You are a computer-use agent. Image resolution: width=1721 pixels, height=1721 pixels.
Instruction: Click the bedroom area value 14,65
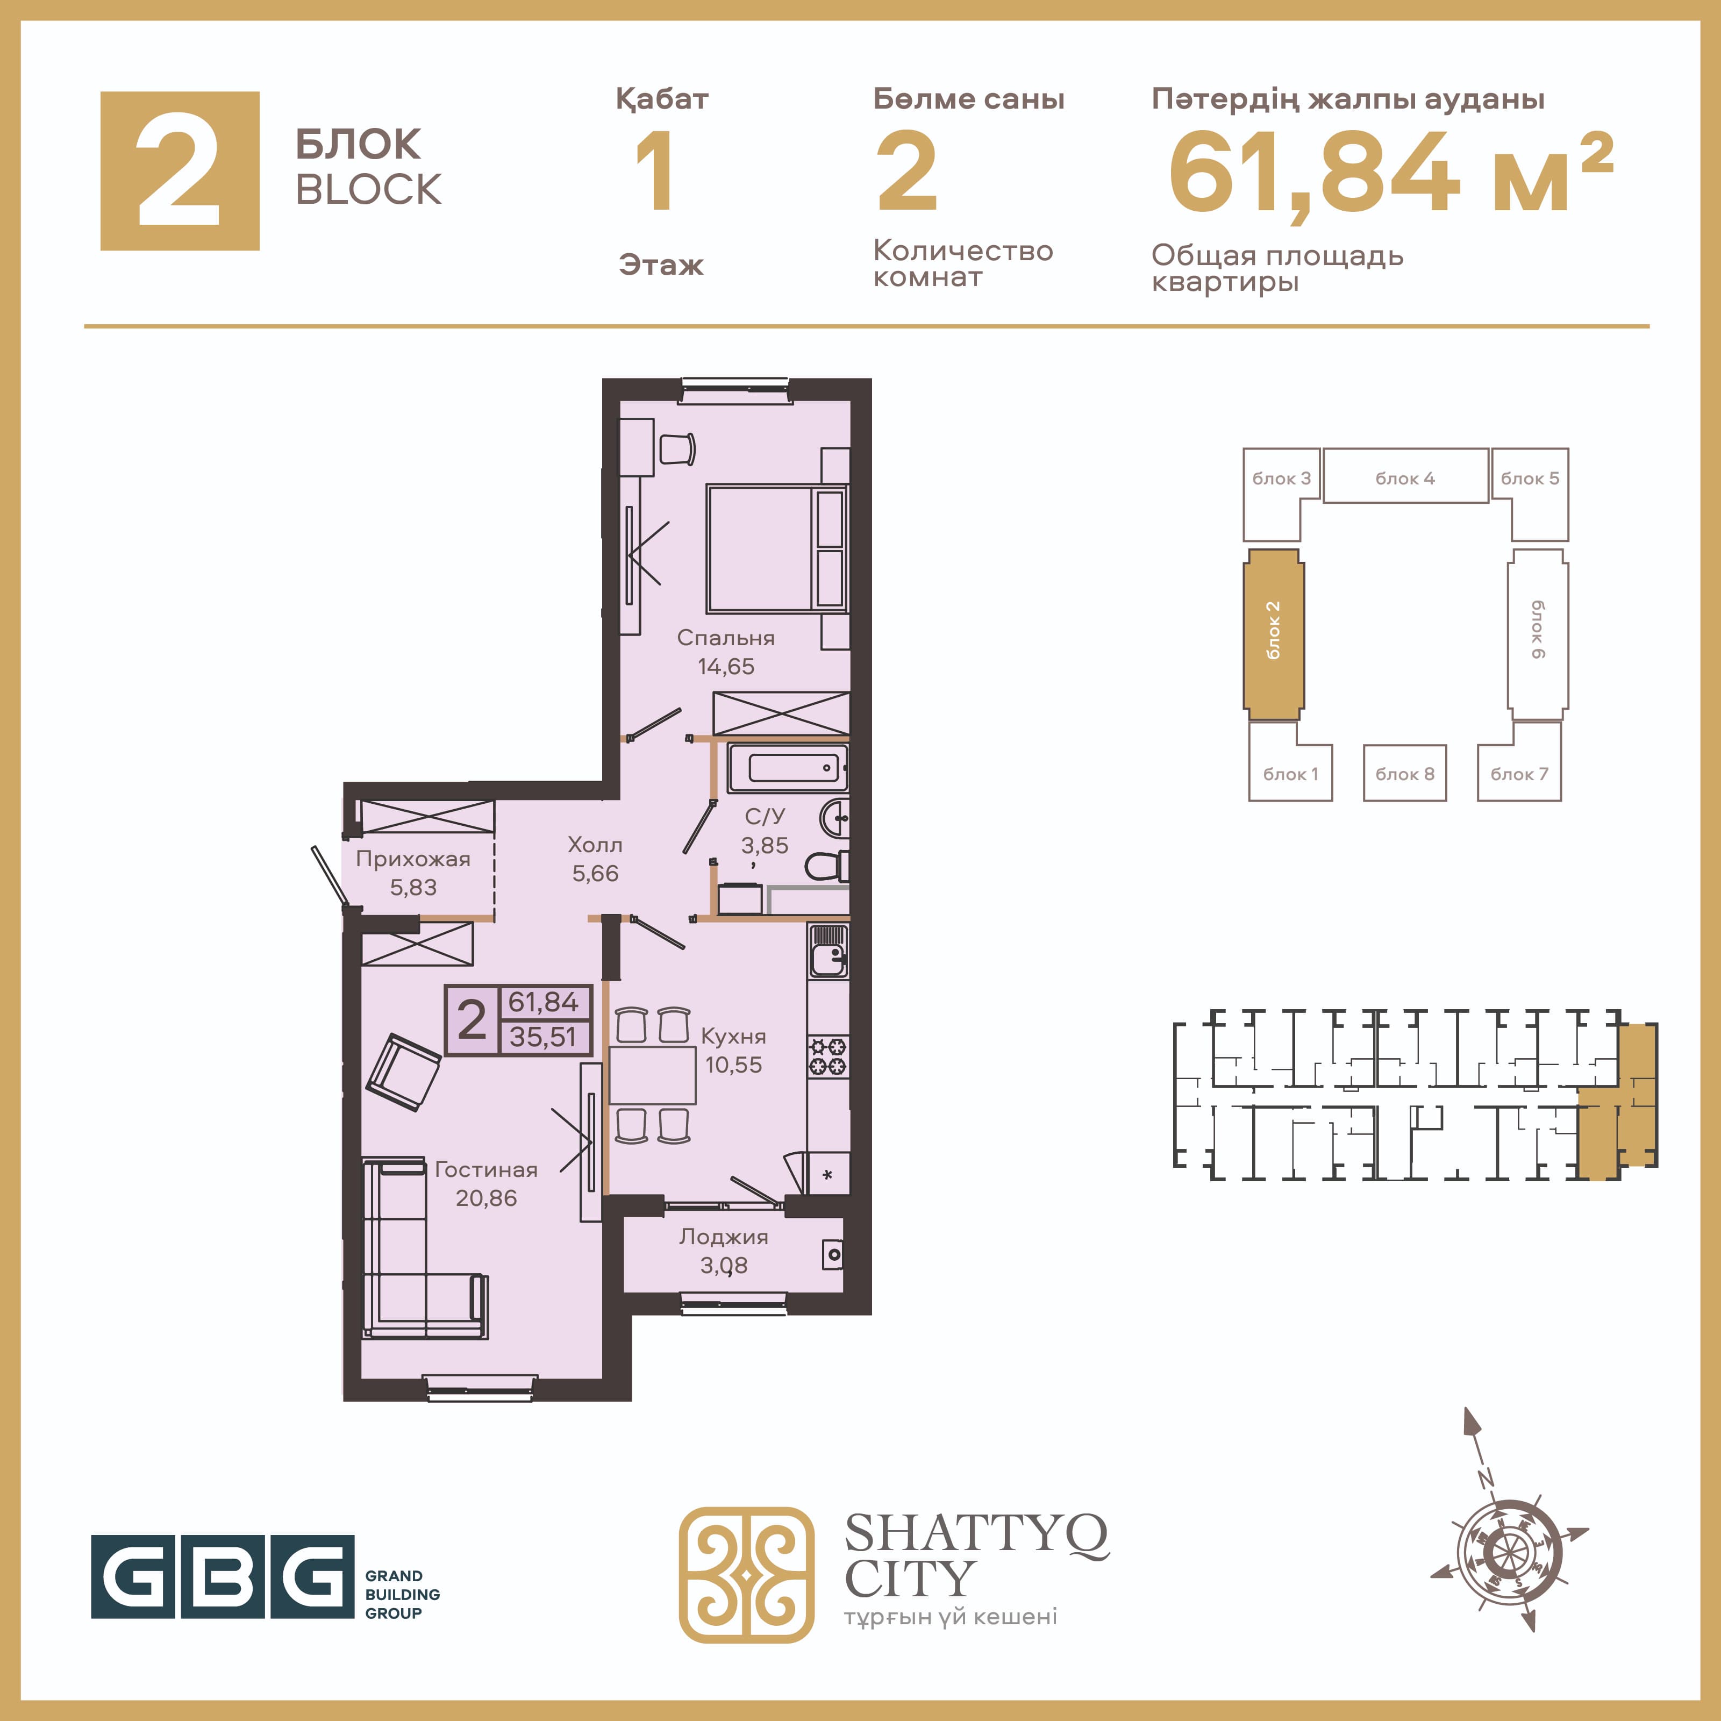(725, 666)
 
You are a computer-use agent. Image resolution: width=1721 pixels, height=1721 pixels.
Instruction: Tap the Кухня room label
(733, 1036)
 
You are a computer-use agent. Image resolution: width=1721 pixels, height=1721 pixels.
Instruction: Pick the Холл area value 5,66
(595, 874)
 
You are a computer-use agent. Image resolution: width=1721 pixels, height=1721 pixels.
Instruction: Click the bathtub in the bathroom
(788, 767)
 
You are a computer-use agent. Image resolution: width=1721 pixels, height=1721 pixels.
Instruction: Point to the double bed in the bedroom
(777, 549)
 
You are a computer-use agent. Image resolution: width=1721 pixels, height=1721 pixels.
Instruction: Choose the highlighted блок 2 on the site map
(1274, 633)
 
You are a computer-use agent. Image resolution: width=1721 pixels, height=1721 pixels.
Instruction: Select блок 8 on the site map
(1405, 773)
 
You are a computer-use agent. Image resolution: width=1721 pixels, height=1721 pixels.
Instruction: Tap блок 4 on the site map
(1405, 476)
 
